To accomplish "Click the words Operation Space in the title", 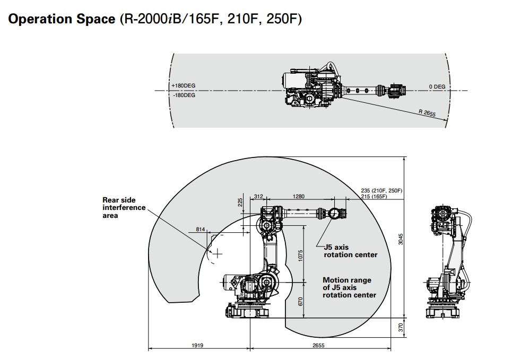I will point(61,19).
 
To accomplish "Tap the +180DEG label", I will point(184,86).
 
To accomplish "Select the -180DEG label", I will point(184,95).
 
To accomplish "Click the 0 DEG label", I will point(437,86).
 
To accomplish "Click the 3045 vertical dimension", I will point(401,239).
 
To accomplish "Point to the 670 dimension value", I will point(300,301).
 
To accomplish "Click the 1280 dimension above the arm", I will point(299,196).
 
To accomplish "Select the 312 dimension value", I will point(258,196).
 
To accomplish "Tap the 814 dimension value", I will point(200,229).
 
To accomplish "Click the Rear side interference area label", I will point(124,208).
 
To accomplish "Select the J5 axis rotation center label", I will point(350,251).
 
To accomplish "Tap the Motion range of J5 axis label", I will point(349,287).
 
